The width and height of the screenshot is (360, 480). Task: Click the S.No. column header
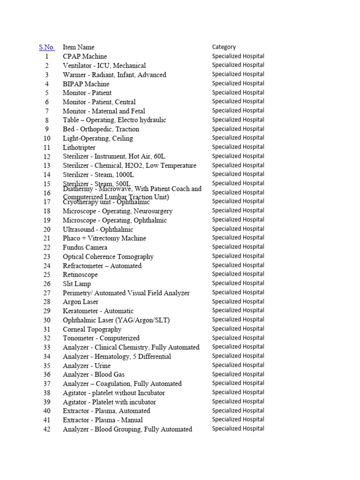click(x=46, y=47)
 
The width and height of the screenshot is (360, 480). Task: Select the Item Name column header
click(x=78, y=47)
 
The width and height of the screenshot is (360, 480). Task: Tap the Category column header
click(x=224, y=47)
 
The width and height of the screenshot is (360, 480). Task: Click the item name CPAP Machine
click(x=85, y=57)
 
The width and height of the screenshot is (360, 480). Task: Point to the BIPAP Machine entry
click(x=86, y=84)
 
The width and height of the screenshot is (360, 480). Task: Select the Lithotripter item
click(x=79, y=148)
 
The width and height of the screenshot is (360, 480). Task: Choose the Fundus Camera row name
click(x=85, y=247)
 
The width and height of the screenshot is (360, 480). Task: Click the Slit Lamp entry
click(x=77, y=284)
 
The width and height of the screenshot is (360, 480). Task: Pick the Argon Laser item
click(x=81, y=302)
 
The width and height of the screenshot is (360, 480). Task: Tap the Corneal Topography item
click(x=92, y=329)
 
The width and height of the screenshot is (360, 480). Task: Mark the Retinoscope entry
click(x=80, y=275)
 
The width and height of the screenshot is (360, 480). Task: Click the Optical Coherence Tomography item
click(x=108, y=257)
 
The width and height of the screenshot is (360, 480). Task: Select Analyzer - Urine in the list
click(x=87, y=366)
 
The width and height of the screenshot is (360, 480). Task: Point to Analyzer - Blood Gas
click(x=93, y=375)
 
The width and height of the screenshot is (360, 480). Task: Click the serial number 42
click(x=46, y=429)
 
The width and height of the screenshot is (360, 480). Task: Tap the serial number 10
click(x=46, y=139)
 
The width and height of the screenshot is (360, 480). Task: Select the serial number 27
click(x=46, y=293)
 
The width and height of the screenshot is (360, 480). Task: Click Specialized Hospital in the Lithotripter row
click(x=238, y=147)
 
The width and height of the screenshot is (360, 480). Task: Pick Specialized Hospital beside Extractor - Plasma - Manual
click(x=238, y=420)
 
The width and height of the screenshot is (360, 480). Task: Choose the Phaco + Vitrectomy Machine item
click(x=104, y=239)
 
